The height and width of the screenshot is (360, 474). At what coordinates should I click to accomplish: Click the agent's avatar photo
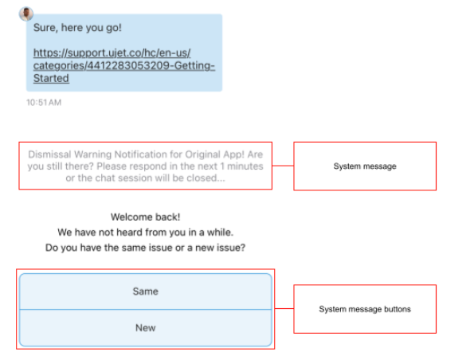click(x=26, y=14)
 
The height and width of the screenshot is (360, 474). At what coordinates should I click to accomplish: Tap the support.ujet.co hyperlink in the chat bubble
click(x=124, y=65)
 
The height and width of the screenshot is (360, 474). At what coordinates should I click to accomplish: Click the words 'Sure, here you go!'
click(x=77, y=28)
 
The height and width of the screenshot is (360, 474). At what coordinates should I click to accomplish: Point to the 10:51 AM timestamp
click(x=44, y=103)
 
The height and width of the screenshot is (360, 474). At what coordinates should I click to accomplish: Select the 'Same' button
click(x=146, y=292)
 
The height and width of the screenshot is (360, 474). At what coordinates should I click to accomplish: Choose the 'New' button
click(x=146, y=328)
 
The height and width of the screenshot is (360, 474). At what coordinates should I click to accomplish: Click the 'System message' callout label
click(x=365, y=166)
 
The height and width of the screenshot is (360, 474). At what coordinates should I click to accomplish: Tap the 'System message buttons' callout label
click(x=365, y=309)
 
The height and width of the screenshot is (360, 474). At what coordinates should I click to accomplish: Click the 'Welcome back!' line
click(x=146, y=217)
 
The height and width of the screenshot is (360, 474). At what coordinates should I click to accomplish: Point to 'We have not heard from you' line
click(x=146, y=232)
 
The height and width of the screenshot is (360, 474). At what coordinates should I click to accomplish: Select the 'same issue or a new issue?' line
click(x=146, y=248)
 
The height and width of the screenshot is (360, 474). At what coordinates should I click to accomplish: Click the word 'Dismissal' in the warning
click(x=49, y=155)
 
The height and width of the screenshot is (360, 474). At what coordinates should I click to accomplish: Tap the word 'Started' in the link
click(x=51, y=78)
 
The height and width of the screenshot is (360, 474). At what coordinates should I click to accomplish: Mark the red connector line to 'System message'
click(x=283, y=166)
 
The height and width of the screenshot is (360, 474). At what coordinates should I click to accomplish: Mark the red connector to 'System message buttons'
click(x=284, y=308)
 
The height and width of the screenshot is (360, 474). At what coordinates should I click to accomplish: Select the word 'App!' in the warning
click(x=233, y=155)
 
